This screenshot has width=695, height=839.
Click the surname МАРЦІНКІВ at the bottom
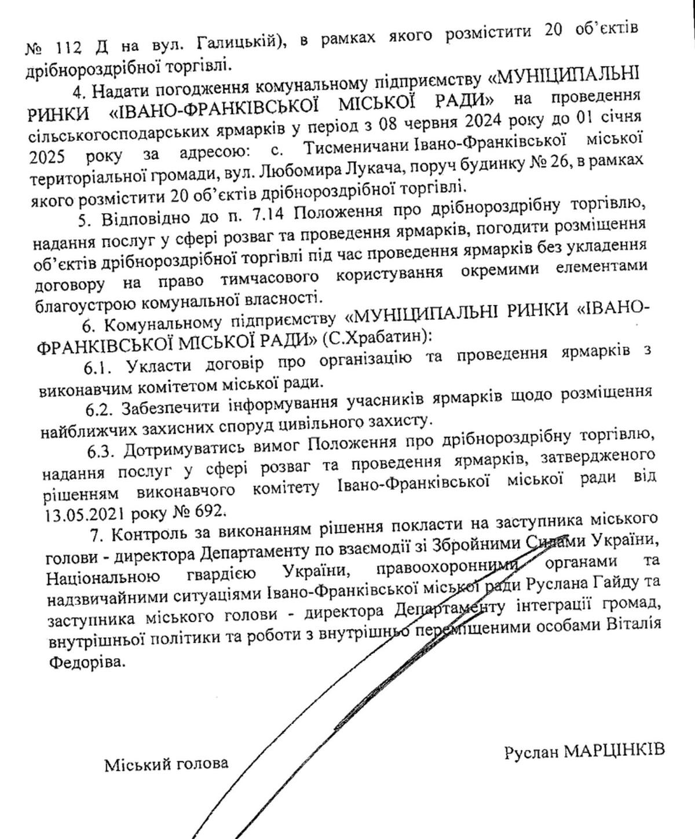(613, 751)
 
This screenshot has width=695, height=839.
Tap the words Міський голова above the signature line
(166, 764)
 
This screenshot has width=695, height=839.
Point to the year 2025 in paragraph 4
(46, 157)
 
